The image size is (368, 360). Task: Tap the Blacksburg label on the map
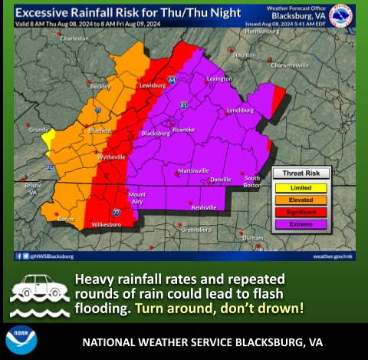(x=156, y=134)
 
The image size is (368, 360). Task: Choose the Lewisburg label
(x=152, y=86)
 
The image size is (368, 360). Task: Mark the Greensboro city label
(x=195, y=230)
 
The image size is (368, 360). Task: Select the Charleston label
(x=75, y=38)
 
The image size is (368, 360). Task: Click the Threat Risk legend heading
(x=301, y=173)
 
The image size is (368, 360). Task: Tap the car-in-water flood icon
(x=38, y=294)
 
